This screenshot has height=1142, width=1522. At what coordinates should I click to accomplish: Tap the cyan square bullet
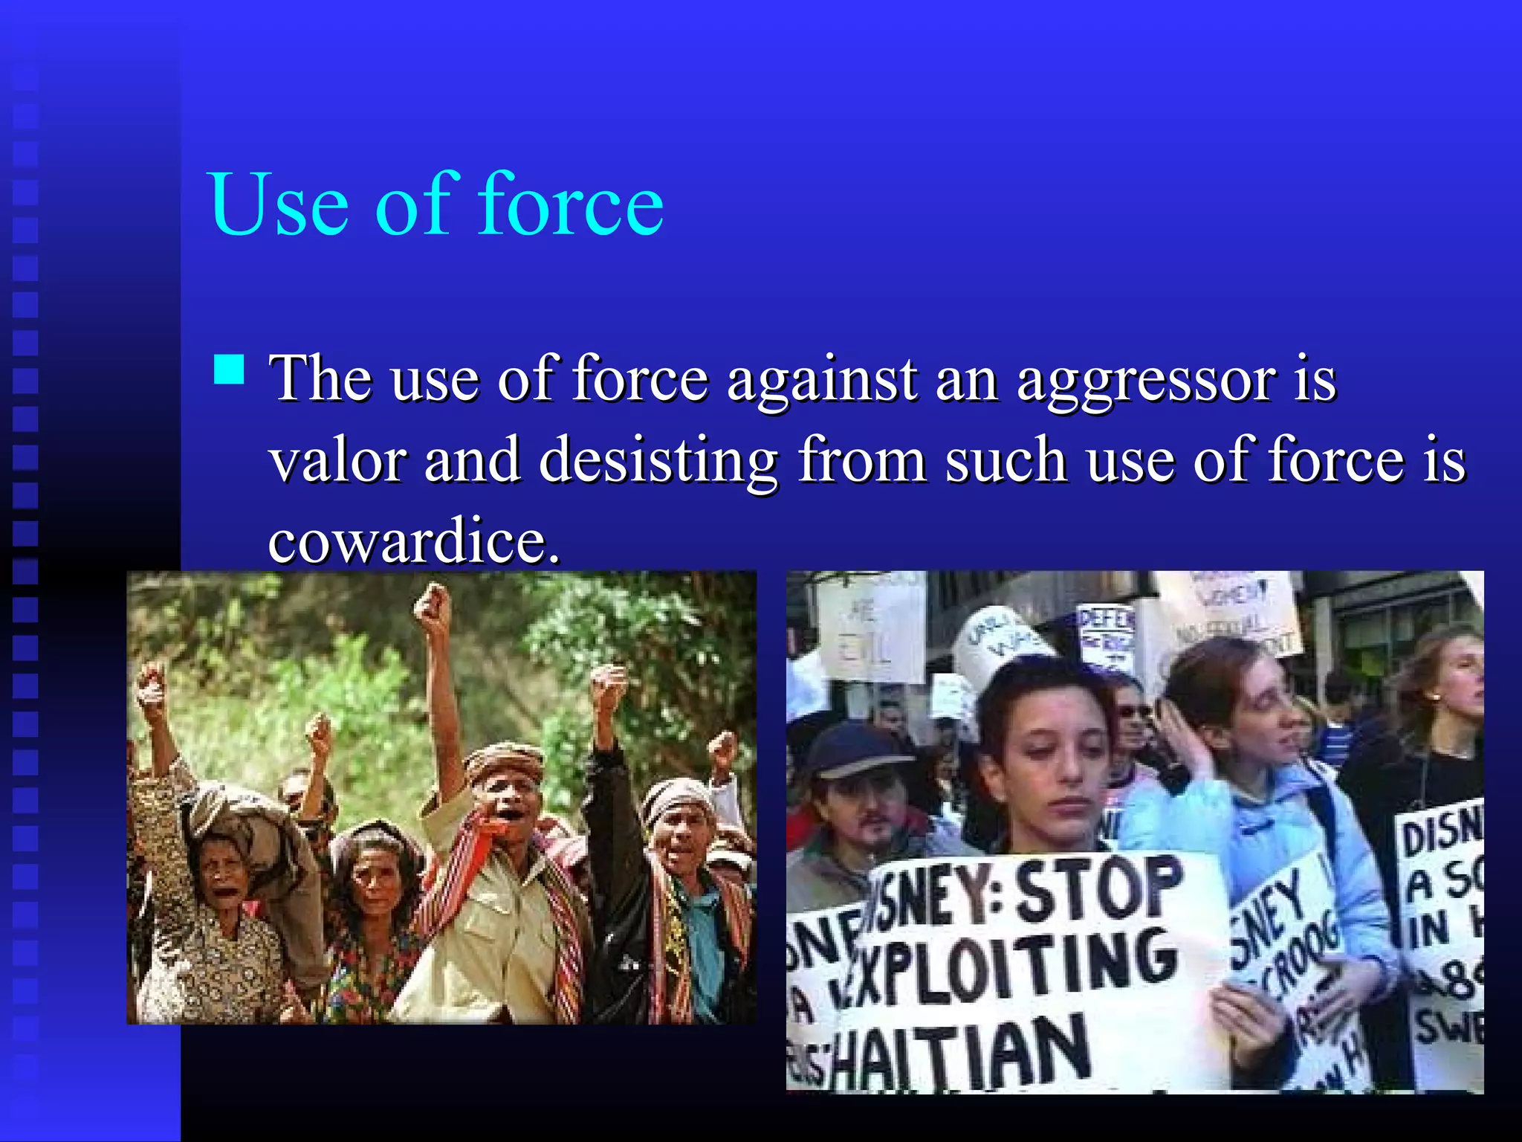click(x=229, y=369)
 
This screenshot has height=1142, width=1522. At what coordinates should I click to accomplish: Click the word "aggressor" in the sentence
click(x=1145, y=381)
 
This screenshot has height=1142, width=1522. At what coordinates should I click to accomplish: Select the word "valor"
click(x=337, y=460)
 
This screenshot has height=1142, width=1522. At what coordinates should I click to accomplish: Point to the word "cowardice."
click(x=413, y=541)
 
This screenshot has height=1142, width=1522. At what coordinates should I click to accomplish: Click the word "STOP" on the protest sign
click(x=1098, y=888)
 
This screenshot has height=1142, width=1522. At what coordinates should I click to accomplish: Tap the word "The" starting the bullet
click(x=321, y=379)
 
